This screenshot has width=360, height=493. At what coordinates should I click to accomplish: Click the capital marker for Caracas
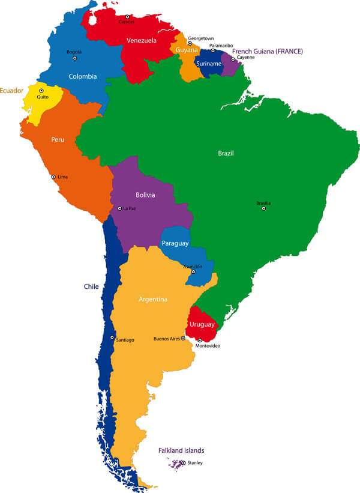(127, 17)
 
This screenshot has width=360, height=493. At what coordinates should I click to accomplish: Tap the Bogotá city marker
(75, 58)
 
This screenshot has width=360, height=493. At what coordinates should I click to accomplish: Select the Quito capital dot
(41, 91)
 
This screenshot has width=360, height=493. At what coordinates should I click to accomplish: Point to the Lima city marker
(53, 177)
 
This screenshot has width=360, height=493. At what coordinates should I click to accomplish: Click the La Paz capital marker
(119, 208)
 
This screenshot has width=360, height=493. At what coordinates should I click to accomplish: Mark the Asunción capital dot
(193, 271)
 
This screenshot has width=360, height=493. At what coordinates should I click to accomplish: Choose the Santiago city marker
(112, 337)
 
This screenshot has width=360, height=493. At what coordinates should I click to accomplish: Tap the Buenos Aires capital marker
(183, 338)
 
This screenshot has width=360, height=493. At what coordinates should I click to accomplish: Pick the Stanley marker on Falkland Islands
(184, 462)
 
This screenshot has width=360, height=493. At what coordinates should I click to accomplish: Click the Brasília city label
(263, 203)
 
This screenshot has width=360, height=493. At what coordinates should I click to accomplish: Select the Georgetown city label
(200, 38)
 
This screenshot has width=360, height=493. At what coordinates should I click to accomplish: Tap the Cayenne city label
(245, 57)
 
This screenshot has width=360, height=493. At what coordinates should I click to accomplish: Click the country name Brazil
(225, 154)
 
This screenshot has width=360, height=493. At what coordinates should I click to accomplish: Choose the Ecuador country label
(11, 91)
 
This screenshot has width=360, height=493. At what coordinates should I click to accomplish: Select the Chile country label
(91, 286)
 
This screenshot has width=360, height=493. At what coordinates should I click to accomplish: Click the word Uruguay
(202, 324)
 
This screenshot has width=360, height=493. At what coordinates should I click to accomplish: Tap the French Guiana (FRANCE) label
(267, 52)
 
